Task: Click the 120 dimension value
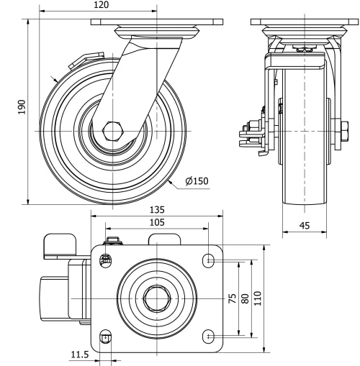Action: coord(101,6)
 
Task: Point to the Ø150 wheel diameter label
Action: coord(197,180)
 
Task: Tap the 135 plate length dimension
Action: coord(157,209)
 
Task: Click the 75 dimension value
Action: coord(233,298)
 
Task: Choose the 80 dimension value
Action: coord(246,298)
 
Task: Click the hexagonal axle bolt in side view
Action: coord(114,132)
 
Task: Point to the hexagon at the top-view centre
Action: coord(157,297)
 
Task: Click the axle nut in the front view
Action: coord(338,132)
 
